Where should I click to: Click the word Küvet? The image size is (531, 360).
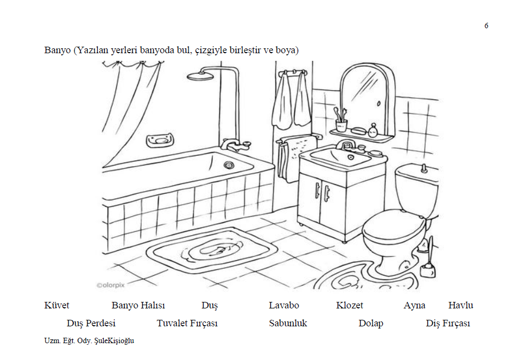click(x=56, y=306)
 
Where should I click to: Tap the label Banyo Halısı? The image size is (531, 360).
click(x=138, y=306)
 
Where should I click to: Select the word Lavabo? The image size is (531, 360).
click(x=283, y=306)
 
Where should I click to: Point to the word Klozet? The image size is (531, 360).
click(x=349, y=306)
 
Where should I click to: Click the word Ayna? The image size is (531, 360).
click(x=414, y=306)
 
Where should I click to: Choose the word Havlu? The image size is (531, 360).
click(x=460, y=306)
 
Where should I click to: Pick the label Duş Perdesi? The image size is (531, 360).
click(x=91, y=324)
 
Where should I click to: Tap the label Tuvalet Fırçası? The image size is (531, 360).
click(x=187, y=324)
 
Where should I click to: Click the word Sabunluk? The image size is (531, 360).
click(x=288, y=324)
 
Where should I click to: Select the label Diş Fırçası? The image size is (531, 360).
click(x=448, y=324)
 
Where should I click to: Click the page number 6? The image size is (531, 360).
click(x=486, y=26)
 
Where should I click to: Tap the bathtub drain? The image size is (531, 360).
click(x=229, y=165)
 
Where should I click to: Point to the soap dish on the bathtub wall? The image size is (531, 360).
click(x=160, y=140)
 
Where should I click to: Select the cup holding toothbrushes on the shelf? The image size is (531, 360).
click(x=341, y=126)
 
